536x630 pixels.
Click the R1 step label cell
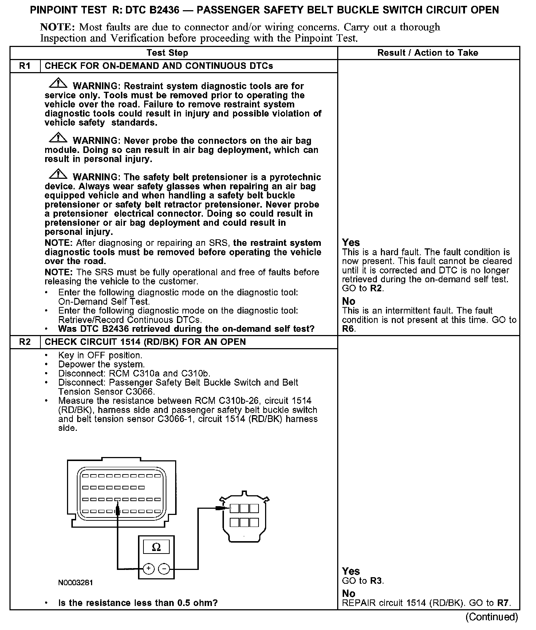(x=25, y=66)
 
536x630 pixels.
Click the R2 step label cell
(x=25, y=342)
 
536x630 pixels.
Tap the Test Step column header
(x=167, y=53)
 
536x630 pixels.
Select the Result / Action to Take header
(x=427, y=53)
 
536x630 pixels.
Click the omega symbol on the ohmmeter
(x=156, y=547)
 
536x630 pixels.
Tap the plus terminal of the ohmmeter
(x=149, y=568)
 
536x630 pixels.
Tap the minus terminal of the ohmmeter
(x=164, y=568)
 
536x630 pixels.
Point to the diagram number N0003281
(x=75, y=583)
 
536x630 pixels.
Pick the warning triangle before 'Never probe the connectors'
(x=58, y=138)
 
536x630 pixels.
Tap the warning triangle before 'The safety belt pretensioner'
(x=58, y=175)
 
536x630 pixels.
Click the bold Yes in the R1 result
(x=351, y=243)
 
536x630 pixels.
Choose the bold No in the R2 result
(x=348, y=593)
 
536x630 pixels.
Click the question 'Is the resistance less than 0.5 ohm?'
(x=138, y=603)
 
